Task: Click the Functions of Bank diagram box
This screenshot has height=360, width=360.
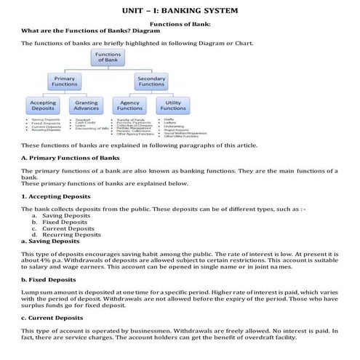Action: [108, 57]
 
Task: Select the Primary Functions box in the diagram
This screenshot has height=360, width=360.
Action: [65, 81]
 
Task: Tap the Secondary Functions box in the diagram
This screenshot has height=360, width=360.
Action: [151, 81]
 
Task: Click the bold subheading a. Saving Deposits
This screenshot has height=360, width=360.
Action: [50, 241]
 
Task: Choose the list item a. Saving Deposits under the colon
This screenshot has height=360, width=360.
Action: [61, 215]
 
